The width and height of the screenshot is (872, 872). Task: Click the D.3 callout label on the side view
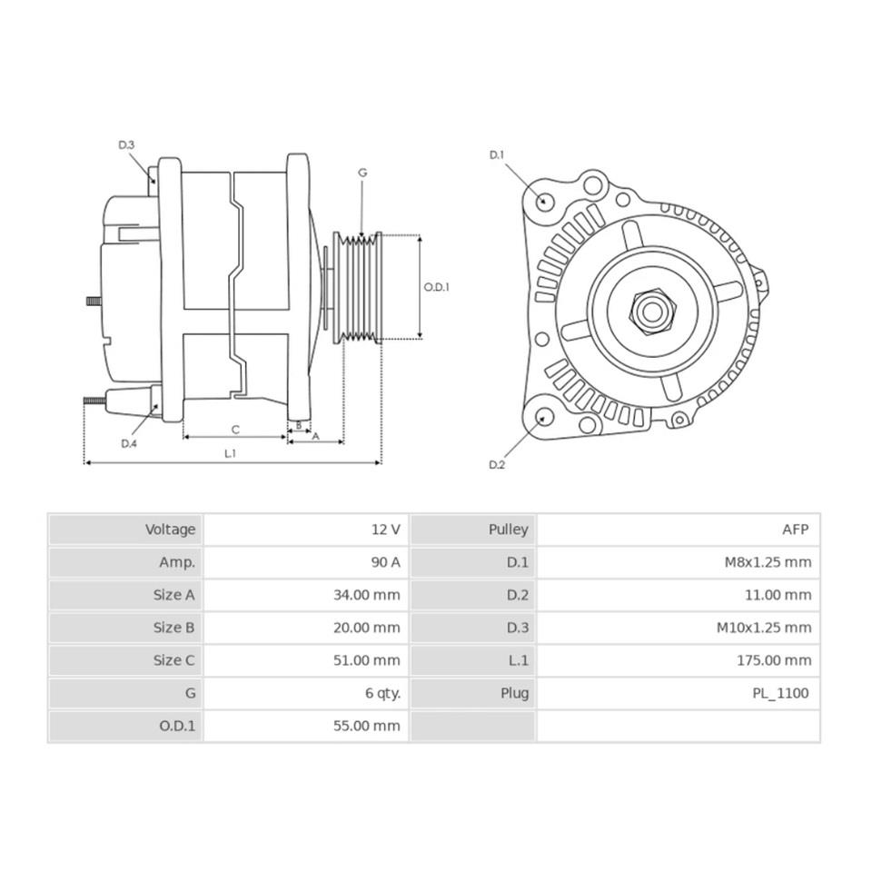point(126,145)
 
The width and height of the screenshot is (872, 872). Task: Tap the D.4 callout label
point(129,443)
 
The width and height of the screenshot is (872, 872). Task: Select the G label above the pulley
point(362,172)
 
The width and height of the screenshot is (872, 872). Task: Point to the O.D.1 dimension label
point(437,287)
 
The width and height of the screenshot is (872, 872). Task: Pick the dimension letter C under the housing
point(234,429)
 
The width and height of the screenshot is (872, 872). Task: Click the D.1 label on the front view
point(497,155)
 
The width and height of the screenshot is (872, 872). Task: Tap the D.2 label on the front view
point(497,465)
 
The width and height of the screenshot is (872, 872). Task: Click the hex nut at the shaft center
point(650,312)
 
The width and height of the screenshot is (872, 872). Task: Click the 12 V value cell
point(385,530)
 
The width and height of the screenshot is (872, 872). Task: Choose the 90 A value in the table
point(385,562)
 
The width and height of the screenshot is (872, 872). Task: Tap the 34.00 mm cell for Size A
point(367,595)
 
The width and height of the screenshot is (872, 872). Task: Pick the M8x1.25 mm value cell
point(768,562)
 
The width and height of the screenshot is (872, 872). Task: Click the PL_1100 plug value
point(780,693)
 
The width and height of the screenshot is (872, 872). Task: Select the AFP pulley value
point(794,530)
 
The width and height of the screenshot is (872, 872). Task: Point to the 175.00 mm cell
point(774,660)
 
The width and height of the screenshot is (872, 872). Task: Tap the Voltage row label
point(170,530)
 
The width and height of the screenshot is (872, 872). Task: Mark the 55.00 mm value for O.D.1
point(367,726)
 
